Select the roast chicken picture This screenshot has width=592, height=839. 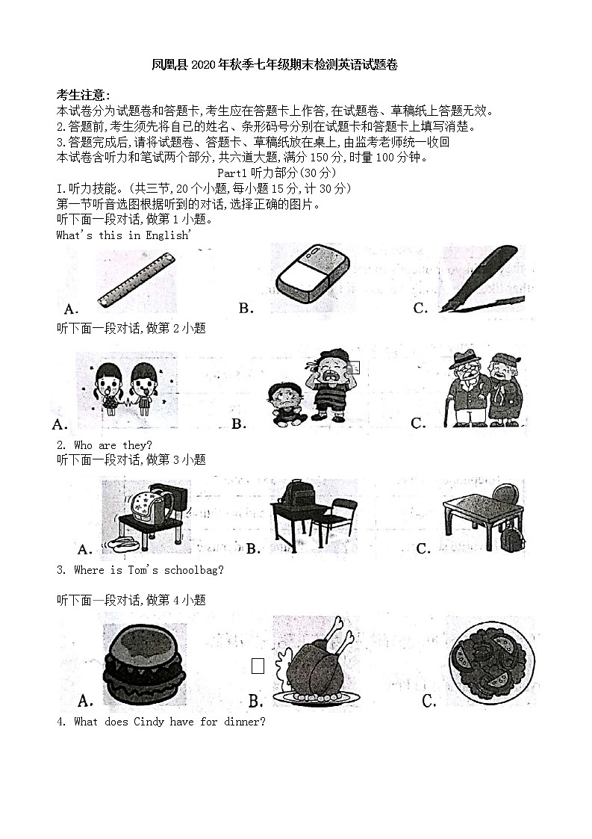(317, 662)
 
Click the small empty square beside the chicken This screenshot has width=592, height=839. (258, 666)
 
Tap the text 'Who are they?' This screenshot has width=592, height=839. (113, 445)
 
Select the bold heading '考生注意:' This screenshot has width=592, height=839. (84, 95)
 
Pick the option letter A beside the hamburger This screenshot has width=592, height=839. (85, 701)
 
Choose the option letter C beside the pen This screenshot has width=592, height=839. (420, 308)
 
